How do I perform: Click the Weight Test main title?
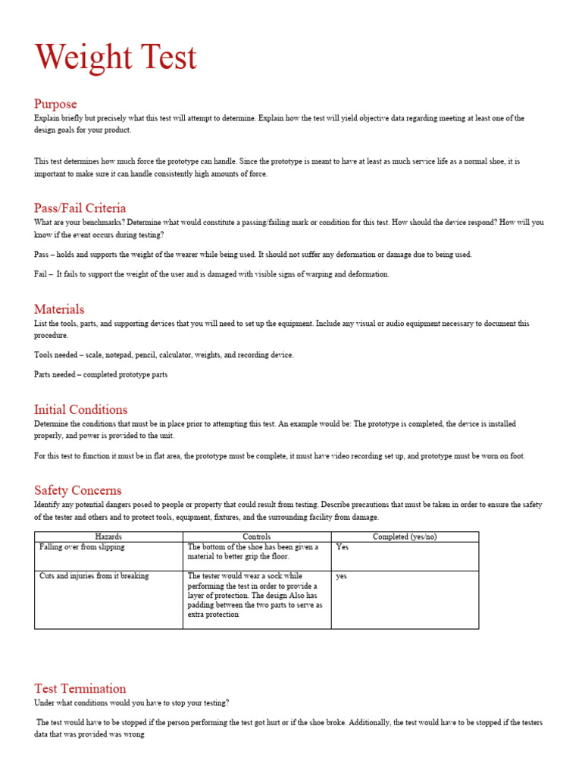tap(116, 59)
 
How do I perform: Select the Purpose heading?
tap(55, 104)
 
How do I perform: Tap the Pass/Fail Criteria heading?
tap(80, 208)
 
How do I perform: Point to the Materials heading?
tap(59, 309)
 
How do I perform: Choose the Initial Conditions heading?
tap(80, 410)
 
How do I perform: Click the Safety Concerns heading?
tap(77, 490)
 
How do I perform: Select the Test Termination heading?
tap(80, 689)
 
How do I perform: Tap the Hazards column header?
tap(108, 537)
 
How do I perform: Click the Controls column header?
tap(256, 537)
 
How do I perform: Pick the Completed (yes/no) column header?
tap(405, 537)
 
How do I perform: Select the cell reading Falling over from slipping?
tap(82, 547)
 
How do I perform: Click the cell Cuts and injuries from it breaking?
tap(94, 576)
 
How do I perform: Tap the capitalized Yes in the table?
tap(343, 547)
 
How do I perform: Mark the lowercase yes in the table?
tap(342, 576)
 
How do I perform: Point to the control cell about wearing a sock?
tap(255, 596)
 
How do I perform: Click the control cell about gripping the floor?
tap(253, 552)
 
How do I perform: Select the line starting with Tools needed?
tap(164, 355)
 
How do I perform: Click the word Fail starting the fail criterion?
tap(42, 274)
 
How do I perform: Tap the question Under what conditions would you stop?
tap(131, 703)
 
